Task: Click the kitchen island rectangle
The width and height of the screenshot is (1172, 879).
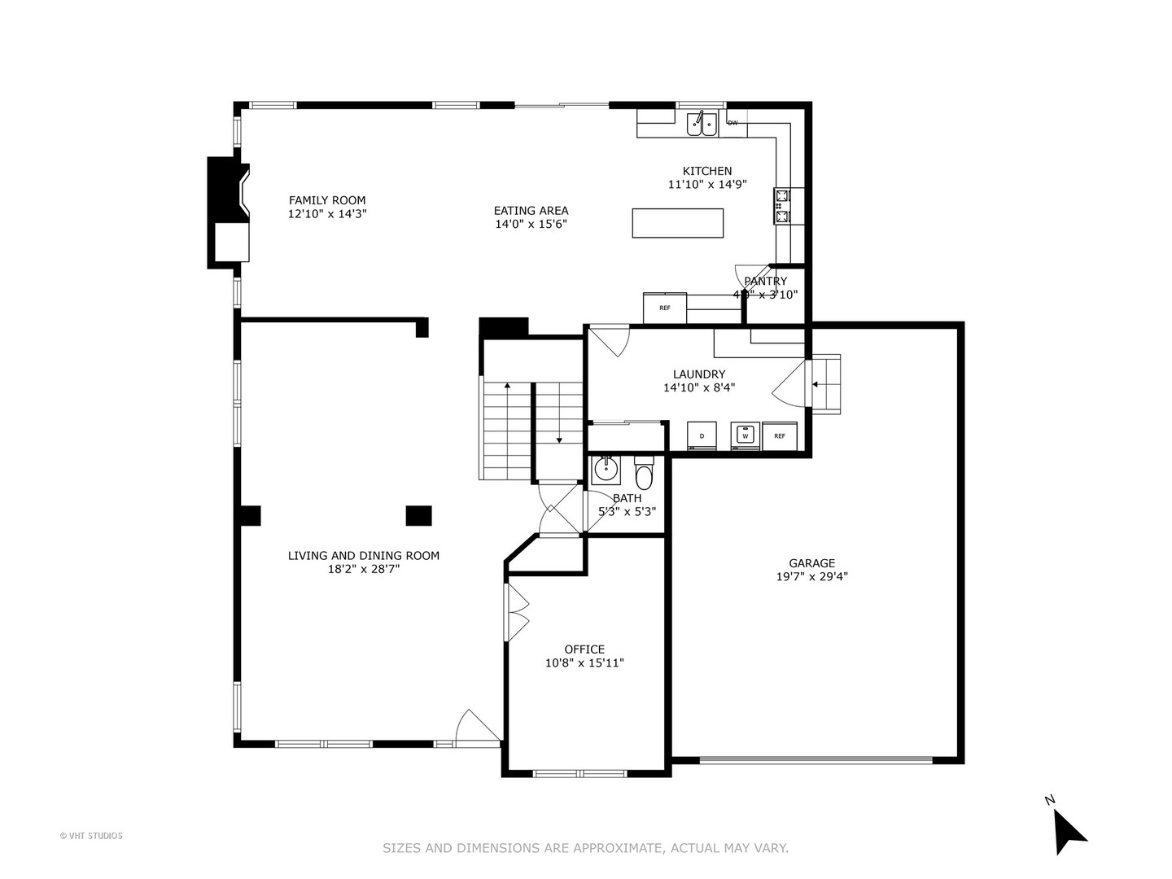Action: click(677, 223)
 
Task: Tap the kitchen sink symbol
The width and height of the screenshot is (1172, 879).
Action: click(701, 124)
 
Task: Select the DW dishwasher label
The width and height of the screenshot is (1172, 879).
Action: click(732, 124)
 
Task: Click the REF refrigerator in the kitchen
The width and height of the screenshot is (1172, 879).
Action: click(664, 308)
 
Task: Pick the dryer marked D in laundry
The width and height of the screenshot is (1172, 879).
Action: click(702, 435)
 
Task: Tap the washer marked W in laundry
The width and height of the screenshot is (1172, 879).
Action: click(744, 435)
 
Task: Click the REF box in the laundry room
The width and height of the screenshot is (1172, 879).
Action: click(780, 435)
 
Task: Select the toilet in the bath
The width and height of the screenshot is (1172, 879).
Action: click(644, 474)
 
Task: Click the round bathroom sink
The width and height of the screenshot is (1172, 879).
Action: click(605, 470)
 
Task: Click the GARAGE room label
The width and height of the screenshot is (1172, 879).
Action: click(811, 563)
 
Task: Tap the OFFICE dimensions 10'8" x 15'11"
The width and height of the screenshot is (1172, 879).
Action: click(584, 663)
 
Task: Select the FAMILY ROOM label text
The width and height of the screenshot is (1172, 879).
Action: click(327, 200)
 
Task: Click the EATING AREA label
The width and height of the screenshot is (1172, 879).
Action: click(531, 211)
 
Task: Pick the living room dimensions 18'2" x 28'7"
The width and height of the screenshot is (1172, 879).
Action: click(363, 569)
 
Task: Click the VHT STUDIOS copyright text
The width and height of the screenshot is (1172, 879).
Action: click(91, 836)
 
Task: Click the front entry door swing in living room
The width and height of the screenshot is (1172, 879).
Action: click(476, 727)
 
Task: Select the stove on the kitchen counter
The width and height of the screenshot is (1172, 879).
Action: click(782, 206)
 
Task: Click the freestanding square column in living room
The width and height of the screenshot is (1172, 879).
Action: click(418, 515)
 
